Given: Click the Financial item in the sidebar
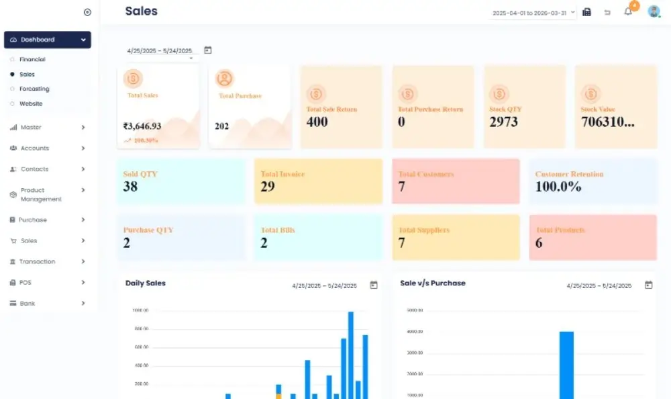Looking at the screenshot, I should coord(32,60).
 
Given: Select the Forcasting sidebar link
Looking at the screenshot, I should coord(34,89).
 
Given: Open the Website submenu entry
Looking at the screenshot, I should coord(31,104).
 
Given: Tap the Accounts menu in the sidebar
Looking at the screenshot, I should coord(35,148).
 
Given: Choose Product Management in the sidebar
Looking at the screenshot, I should coord(40,195).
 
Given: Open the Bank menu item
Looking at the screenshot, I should coord(27,304).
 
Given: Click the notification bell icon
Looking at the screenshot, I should coord(628,11).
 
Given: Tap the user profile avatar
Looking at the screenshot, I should coord(653,11).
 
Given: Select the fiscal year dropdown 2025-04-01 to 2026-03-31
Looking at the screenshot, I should coord(533,13).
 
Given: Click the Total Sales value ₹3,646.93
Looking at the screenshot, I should coord(142,126).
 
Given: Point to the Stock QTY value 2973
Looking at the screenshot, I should coord(504,122).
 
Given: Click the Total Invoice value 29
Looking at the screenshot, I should coord(268,187).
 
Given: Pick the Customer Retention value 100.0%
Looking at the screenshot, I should coord(558,187).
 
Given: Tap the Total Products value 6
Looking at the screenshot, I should coord(539,243).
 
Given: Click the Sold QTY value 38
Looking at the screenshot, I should coord(130,187).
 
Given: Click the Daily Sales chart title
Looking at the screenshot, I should coord(146,283).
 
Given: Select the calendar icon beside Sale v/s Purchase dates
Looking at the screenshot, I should coord(648,285).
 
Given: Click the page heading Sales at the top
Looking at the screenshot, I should coord(141,11).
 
